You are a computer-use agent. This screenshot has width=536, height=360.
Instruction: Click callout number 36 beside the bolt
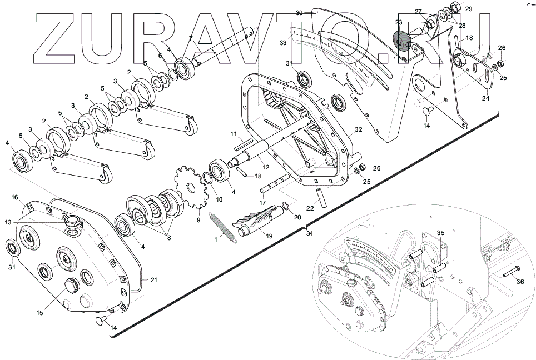pyautogui.click(x=520, y=282)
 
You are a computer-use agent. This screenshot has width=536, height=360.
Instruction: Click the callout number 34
pyautogui.click(x=310, y=233)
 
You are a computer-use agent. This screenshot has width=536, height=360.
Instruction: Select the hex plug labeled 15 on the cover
pyautogui.click(x=71, y=287)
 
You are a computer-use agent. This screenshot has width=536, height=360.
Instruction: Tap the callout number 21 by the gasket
pyautogui.click(x=153, y=280)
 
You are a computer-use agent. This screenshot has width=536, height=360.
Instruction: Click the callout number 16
pyautogui.click(x=15, y=197)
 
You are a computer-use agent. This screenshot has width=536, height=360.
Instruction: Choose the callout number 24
pyautogui.click(x=485, y=98)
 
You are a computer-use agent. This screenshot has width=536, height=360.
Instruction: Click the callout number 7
pyautogui.click(x=191, y=38)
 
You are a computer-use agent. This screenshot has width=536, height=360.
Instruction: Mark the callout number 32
pyautogui.click(x=359, y=129)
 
